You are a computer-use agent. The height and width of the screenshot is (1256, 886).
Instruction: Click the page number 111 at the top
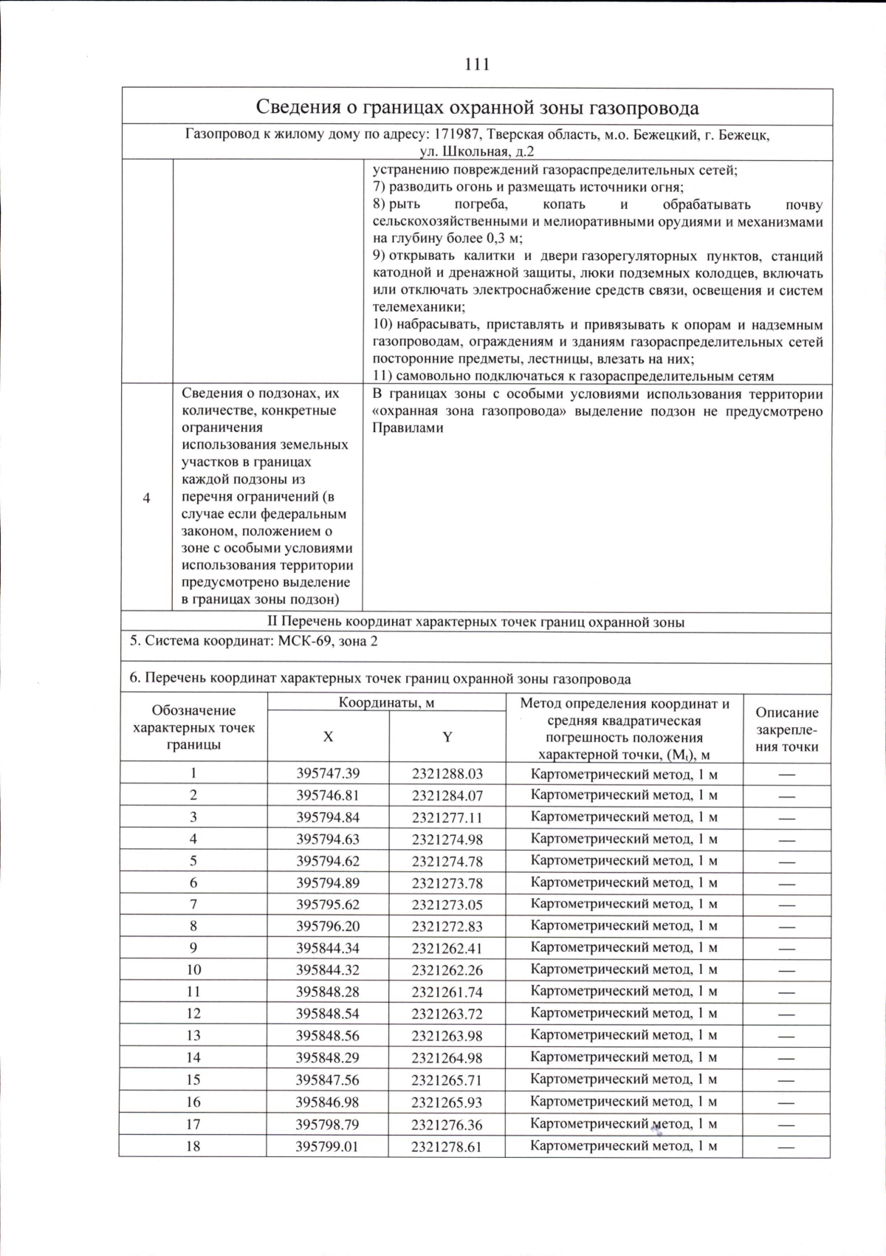477,64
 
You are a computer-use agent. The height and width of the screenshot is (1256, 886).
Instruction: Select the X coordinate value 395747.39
328,773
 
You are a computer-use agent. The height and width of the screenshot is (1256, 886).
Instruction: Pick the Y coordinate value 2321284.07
447,795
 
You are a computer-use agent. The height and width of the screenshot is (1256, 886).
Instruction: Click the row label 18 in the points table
193,1146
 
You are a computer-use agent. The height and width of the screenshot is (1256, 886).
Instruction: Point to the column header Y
447,736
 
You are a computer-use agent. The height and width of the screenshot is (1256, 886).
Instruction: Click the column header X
328,736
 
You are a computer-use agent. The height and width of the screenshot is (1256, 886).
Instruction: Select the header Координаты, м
386,702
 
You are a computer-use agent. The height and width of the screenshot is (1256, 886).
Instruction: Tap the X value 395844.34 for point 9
328,947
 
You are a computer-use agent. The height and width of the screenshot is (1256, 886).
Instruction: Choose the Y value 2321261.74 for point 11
447,992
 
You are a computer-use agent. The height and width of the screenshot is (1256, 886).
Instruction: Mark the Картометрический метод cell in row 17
624,1124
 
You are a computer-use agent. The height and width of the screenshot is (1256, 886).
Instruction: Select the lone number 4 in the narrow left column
147,498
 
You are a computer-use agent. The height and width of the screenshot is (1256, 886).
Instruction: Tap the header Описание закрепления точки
787,729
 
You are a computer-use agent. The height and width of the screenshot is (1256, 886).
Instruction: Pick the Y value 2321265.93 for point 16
447,1102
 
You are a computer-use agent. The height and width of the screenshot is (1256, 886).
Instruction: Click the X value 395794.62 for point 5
328,860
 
